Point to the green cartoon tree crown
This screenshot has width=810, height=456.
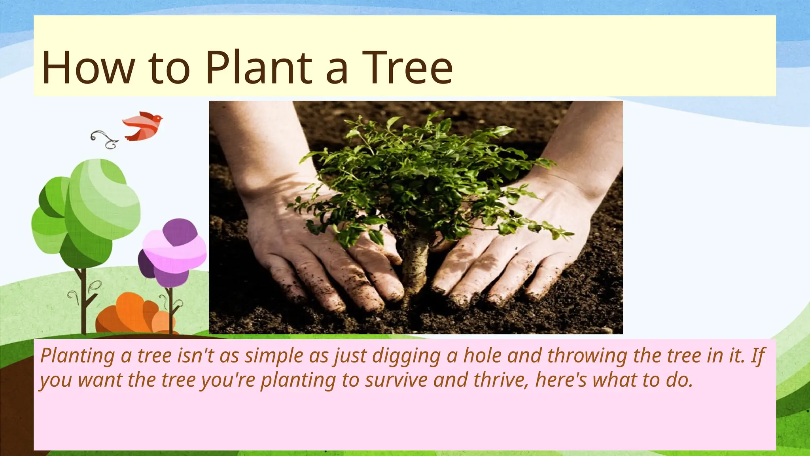[x=87, y=210]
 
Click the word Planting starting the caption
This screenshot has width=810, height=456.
[x=78, y=355]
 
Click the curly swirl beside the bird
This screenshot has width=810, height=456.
[x=104, y=139]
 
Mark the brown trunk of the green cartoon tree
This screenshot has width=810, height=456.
[x=83, y=301]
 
